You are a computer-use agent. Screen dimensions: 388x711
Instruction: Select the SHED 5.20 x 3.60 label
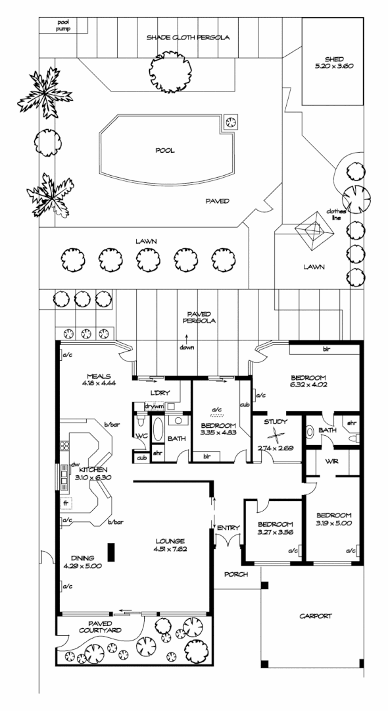[x=333, y=62]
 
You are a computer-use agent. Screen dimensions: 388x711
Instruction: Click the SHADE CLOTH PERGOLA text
[x=188, y=37]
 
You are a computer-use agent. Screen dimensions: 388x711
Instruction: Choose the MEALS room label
[x=99, y=375]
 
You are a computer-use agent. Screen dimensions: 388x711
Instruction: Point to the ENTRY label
[x=229, y=528]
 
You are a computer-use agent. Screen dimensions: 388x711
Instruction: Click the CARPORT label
[x=316, y=616]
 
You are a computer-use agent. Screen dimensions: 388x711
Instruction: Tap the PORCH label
[x=236, y=575]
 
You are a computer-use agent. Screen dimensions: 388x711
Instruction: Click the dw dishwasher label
[x=75, y=464]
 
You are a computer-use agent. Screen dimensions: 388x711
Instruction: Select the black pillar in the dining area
[x=110, y=552]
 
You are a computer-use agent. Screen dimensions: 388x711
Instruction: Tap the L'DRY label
[x=160, y=392]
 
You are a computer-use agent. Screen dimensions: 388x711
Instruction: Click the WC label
[x=139, y=436]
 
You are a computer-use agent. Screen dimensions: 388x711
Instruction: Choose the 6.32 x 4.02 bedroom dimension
[x=309, y=384]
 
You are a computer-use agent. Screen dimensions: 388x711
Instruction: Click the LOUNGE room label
[x=170, y=541]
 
